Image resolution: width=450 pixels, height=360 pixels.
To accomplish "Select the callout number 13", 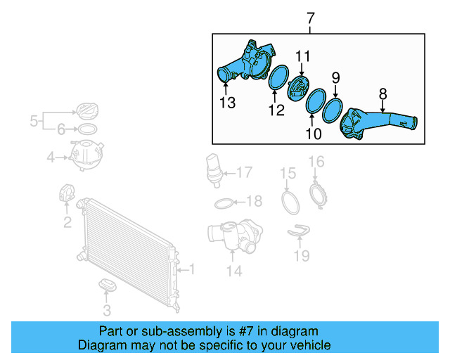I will coord(226,103).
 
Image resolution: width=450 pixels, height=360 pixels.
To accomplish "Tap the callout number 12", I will coord(276,110).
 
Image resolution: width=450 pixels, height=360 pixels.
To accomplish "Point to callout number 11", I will coord(302,56).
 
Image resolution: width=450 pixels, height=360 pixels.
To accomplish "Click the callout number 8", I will coord(383,93).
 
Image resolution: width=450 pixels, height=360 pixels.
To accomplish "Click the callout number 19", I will coord(301,255).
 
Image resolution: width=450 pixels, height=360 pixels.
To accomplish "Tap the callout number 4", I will coord(51,157).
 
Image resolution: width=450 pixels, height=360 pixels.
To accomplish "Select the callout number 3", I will coord(107,309).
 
